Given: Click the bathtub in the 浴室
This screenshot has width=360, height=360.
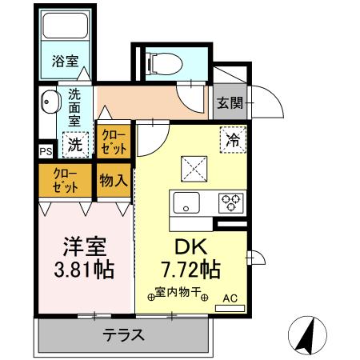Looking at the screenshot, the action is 66,26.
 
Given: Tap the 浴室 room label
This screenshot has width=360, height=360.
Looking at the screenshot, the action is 66,61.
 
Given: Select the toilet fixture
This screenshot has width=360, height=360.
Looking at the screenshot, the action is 165,64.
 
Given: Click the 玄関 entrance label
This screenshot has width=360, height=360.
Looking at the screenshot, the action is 230,102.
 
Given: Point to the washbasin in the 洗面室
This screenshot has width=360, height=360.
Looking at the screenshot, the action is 51,102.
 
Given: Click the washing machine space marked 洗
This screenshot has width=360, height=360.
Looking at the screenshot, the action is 75,145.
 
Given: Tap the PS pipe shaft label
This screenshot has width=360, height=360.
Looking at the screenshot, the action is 46,152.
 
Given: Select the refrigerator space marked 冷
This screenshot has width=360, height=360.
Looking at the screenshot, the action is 233,140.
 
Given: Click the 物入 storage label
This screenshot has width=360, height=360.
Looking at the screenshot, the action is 114,181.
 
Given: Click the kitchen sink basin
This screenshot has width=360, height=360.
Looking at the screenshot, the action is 186,202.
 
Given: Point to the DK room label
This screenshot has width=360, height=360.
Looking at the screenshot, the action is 191,246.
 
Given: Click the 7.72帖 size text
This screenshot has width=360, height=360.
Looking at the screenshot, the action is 191,270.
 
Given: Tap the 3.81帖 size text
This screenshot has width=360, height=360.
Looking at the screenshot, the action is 84,270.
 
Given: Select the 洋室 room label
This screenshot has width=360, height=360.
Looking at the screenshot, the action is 85,246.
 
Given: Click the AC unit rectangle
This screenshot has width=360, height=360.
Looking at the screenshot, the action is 230,309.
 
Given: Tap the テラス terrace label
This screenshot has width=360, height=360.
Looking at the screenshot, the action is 124,334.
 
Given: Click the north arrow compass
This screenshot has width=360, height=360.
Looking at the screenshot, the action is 307,335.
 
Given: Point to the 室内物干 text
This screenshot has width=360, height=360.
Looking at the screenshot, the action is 178,292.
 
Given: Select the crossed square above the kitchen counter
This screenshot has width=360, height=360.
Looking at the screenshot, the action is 194,169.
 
